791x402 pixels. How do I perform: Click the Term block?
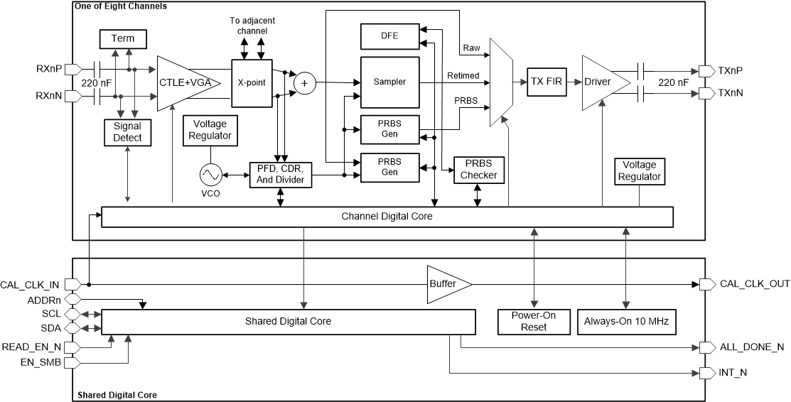coord(122,38)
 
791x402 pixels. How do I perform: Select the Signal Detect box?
coord(127,131)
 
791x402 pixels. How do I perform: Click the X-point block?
coord(252,82)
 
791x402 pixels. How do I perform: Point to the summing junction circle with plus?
coord(305,83)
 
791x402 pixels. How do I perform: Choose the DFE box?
coord(389,35)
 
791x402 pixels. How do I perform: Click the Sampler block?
coord(389,82)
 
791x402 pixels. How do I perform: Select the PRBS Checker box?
coord(478,170)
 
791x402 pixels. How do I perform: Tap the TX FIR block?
coord(546,82)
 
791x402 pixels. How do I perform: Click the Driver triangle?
coord(602,82)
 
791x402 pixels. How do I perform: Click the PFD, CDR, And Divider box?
coord(281,175)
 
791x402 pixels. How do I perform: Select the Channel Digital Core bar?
coord(387,217)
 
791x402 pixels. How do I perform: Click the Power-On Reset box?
coord(533,322)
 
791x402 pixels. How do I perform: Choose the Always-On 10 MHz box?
coord(626,322)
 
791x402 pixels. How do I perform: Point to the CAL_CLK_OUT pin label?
coord(754,284)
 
